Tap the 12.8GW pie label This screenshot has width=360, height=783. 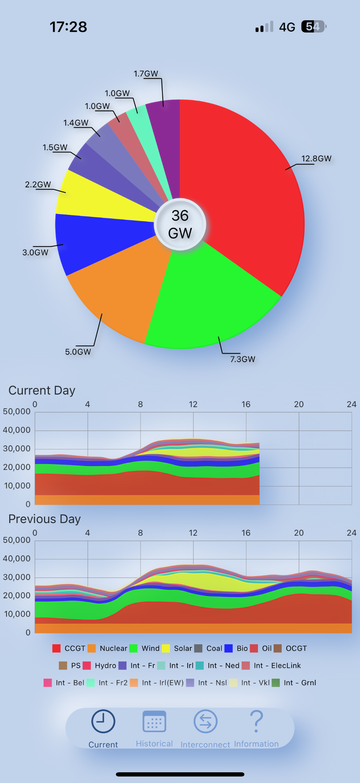pos(316,159)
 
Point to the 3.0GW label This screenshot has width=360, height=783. pos(36,252)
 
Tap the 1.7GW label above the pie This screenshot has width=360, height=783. pos(146,74)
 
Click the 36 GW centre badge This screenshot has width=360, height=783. pos(180,224)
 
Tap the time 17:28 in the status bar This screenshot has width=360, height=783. pos(68,27)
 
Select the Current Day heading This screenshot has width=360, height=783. pos(42,390)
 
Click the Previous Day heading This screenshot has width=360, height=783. pos(45,519)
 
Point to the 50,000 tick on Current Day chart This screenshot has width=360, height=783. pos(17,412)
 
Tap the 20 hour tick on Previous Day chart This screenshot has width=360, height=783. pos(299,533)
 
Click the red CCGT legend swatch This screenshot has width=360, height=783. pos(57,648)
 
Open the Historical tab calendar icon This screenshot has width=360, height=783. pos(154,721)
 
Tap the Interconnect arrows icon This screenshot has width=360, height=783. pos(206,721)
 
